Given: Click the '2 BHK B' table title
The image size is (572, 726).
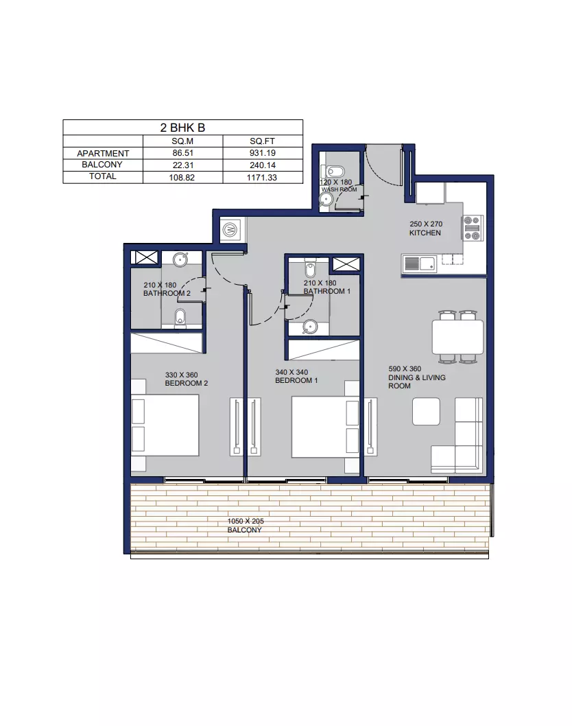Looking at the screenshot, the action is (182, 128).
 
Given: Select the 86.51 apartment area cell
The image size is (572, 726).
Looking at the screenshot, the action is (183, 153).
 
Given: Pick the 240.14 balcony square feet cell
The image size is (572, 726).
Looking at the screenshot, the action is (263, 165).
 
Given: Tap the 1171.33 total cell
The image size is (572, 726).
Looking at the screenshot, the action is (262, 177).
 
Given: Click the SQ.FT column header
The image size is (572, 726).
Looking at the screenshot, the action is (263, 141).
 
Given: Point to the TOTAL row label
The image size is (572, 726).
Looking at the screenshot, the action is (103, 176).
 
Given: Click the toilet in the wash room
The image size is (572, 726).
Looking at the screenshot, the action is (333, 170).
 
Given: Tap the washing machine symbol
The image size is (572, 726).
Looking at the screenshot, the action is (230, 229).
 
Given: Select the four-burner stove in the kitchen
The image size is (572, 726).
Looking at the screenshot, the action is (473, 228).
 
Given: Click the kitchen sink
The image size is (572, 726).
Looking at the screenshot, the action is (420, 264).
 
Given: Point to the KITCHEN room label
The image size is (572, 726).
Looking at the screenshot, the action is (425, 233).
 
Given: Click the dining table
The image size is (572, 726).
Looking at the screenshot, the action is (457, 337).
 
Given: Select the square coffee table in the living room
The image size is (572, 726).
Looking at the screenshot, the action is (426, 411).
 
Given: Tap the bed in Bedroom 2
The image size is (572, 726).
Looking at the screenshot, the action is (165, 425).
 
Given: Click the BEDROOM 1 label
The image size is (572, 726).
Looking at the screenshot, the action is (296, 381).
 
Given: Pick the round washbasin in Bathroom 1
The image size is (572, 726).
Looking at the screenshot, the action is (310, 327).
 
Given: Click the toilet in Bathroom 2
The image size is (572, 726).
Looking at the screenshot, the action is (180, 318).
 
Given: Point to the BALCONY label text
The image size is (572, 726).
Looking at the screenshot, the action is (244, 530).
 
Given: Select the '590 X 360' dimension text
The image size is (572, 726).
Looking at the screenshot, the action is (405, 369).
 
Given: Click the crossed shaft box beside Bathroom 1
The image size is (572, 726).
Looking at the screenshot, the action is (346, 264).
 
